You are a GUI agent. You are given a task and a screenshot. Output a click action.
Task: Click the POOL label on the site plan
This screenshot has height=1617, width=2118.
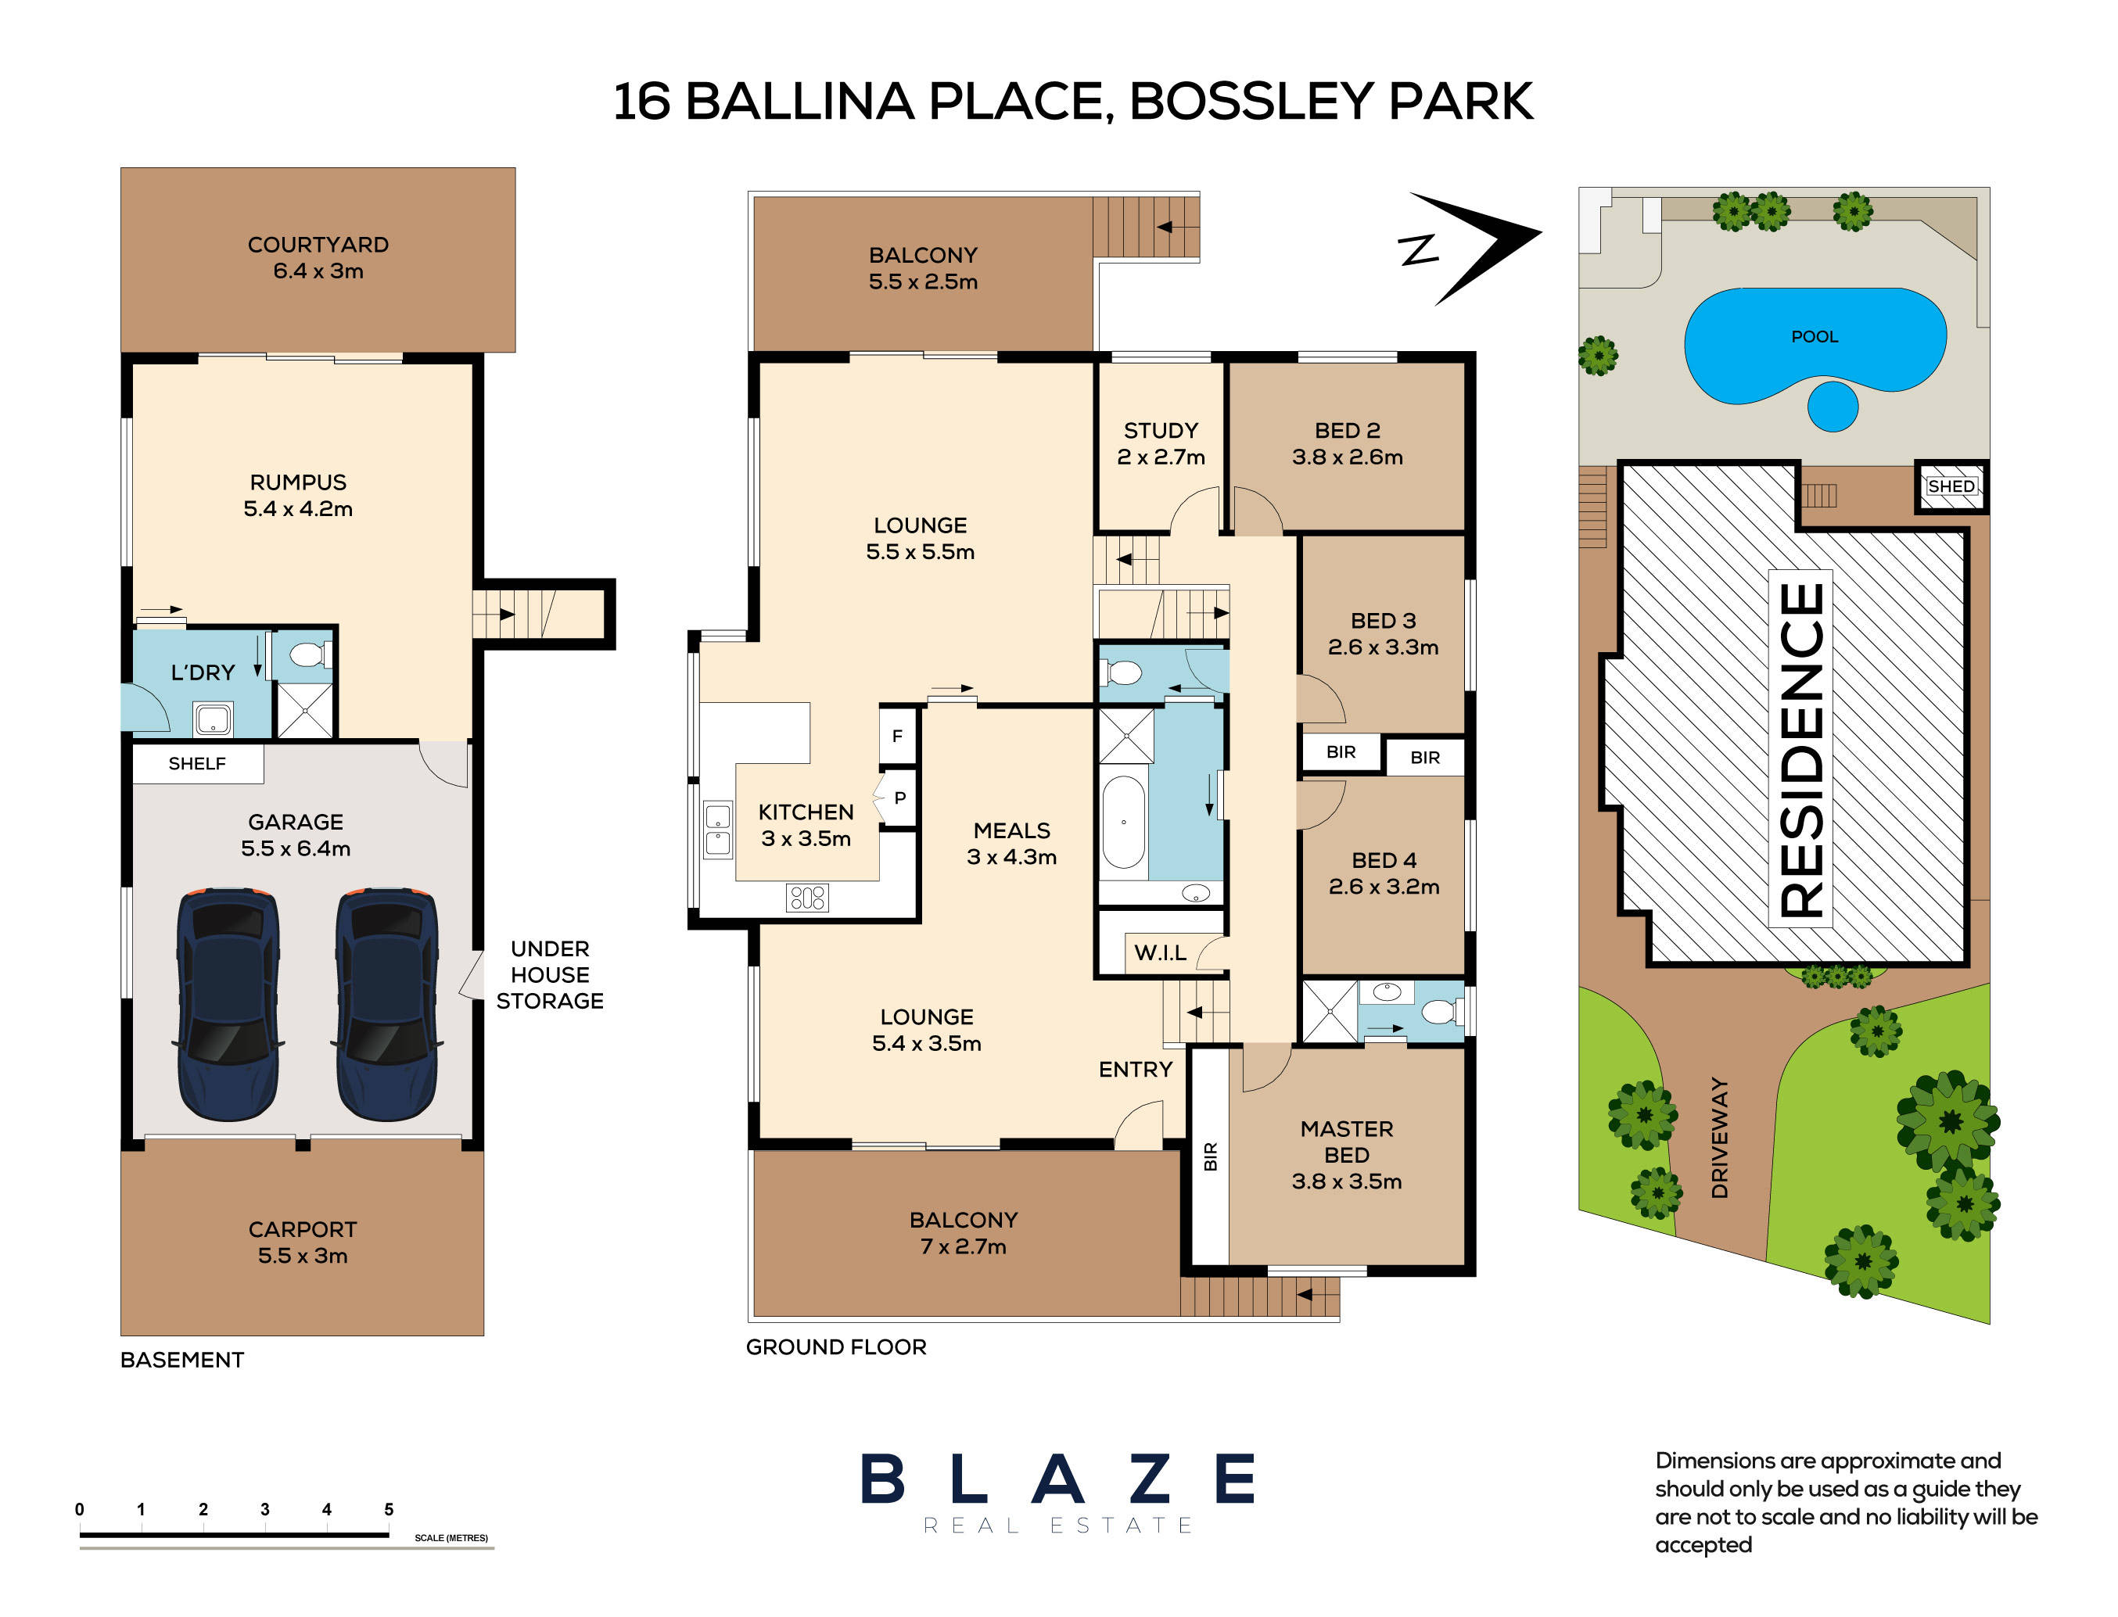pyautogui.click(x=1814, y=337)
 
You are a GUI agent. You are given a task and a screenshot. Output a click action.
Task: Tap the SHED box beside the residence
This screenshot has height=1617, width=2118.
pyautogui.click(x=1950, y=487)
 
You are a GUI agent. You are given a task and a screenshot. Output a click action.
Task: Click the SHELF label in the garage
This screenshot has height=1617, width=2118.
pyautogui.click(x=197, y=764)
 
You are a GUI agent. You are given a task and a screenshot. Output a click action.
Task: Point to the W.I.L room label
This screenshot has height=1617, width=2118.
pyautogui.click(x=1159, y=953)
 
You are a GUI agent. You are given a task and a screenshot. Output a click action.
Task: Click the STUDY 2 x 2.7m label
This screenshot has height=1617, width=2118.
pyautogui.click(x=1160, y=443)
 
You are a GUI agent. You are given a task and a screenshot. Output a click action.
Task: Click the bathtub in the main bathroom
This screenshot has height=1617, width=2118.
pyautogui.click(x=1122, y=822)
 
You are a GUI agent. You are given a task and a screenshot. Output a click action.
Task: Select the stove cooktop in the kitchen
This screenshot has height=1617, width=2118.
pyautogui.click(x=807, y=897)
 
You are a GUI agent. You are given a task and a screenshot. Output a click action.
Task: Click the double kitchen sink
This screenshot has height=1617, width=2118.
pyautogui.click(x=717, y=830)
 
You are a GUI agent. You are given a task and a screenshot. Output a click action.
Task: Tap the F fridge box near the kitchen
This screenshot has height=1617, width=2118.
pyautogui.click(x=897, y=737)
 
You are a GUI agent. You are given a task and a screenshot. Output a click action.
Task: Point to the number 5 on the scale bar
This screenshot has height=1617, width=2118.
pyautogui.click(x=389, y=1509)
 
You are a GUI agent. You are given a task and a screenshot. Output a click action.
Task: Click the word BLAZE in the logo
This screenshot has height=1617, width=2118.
pyautogui.click(x=1057, y=1479)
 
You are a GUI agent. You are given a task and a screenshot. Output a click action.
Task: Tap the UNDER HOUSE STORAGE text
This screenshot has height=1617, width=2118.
pyautogui.click(x=550, y=975)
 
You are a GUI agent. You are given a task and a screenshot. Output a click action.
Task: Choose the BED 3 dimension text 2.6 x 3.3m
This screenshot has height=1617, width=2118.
pyautogui.click(x=1383, y=647)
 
